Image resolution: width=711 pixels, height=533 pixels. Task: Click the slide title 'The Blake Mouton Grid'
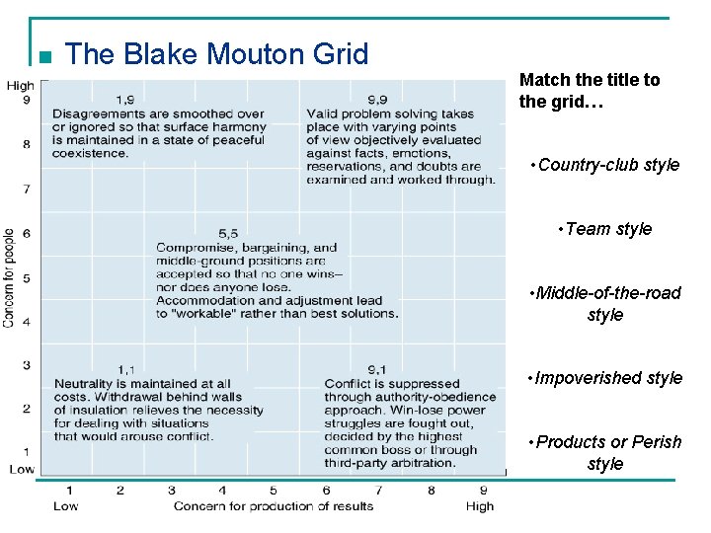[x=216, y=53]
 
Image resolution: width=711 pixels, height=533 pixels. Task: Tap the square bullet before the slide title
[x=40, y=55]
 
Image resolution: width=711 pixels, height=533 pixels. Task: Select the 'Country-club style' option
[x=604, y=165]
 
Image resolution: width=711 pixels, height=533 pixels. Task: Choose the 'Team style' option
[x=604, y=229]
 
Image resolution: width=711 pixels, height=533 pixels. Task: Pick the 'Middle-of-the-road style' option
[x=604, y=304]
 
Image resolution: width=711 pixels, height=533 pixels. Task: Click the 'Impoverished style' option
[x=604, y=378]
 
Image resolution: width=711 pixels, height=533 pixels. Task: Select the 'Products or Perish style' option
[x=604, y=453]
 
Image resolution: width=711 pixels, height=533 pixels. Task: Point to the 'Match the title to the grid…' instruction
[x=590, y=90]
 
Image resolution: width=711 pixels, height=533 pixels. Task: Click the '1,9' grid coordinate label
[x=126, y=99]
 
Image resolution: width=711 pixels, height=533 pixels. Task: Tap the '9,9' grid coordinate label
[x=376, y=99]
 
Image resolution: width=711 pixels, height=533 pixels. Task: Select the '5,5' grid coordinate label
[x=228, y=233]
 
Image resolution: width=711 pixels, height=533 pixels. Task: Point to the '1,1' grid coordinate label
[x=126, y=368]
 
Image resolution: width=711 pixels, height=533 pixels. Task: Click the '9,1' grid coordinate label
[x=376, y=368]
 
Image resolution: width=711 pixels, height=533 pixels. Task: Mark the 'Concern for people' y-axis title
[x=9, y=278]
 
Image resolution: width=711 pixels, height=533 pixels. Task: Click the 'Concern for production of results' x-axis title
[x=274, y=506]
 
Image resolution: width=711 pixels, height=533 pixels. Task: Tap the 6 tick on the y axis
[x=27, y=232]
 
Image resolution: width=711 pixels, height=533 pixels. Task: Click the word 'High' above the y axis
[x=20, y=86]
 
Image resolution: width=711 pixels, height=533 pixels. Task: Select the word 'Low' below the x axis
[x=66, y=506]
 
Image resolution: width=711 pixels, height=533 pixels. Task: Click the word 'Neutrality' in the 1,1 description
[x=84, y=383]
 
